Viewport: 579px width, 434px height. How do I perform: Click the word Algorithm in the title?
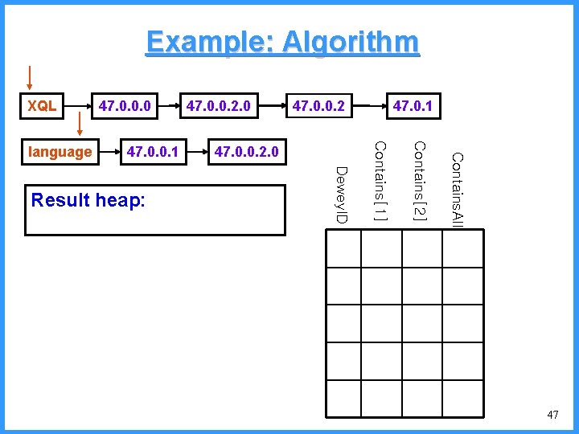click(347, 42)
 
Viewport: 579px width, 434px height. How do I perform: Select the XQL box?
click(43, 105)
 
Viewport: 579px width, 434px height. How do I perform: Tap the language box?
click(60, 151)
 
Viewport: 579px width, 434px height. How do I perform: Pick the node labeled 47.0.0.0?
click(126, 105)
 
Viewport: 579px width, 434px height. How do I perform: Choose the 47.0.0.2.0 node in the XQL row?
click(219, 105)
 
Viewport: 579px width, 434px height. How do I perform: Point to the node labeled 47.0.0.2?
click(319, 105)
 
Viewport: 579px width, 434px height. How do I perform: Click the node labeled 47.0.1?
click(412, 105)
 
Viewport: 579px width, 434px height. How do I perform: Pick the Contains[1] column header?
click(381, 182)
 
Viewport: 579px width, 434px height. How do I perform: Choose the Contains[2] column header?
click(419, 182)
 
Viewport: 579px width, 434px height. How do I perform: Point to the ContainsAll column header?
click(457, 190)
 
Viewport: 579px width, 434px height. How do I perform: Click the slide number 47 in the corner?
click(552, 415)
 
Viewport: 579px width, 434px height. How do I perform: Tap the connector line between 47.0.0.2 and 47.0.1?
click(368, 105)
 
